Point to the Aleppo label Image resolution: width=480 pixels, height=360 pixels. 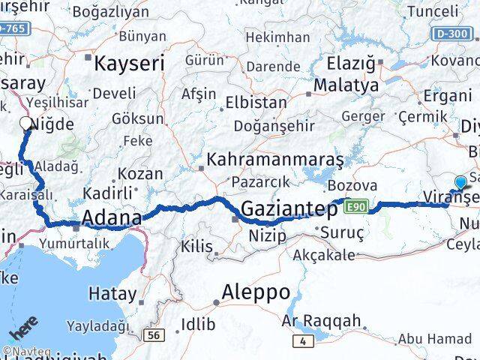tap(256, 292)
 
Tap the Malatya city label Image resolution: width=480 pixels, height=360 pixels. tap(346, 85)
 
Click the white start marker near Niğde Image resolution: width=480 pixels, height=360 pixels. tap(26, 124)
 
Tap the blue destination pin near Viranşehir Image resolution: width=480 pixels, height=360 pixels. tap(460, 181)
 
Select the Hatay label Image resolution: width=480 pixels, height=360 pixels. tap(113, 293)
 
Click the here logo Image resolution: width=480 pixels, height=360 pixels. tap(23, 329)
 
